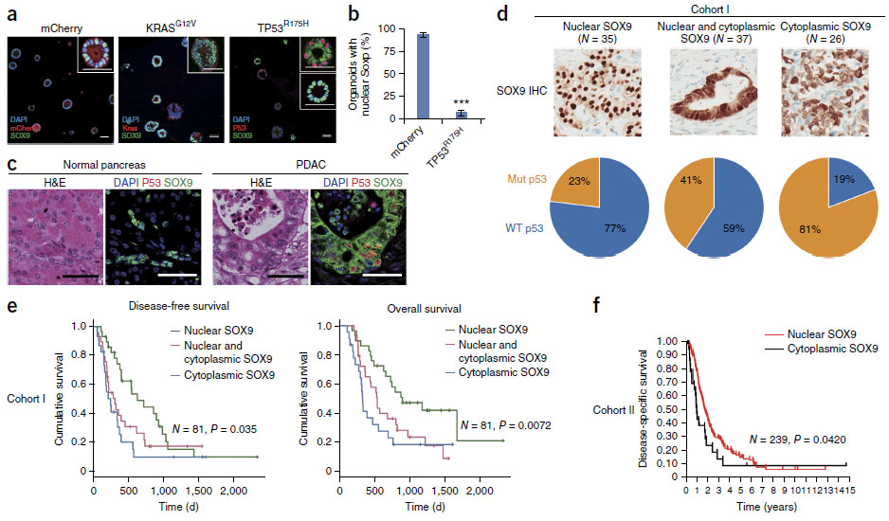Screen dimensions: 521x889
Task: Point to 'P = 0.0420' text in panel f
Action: (790, 440)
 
